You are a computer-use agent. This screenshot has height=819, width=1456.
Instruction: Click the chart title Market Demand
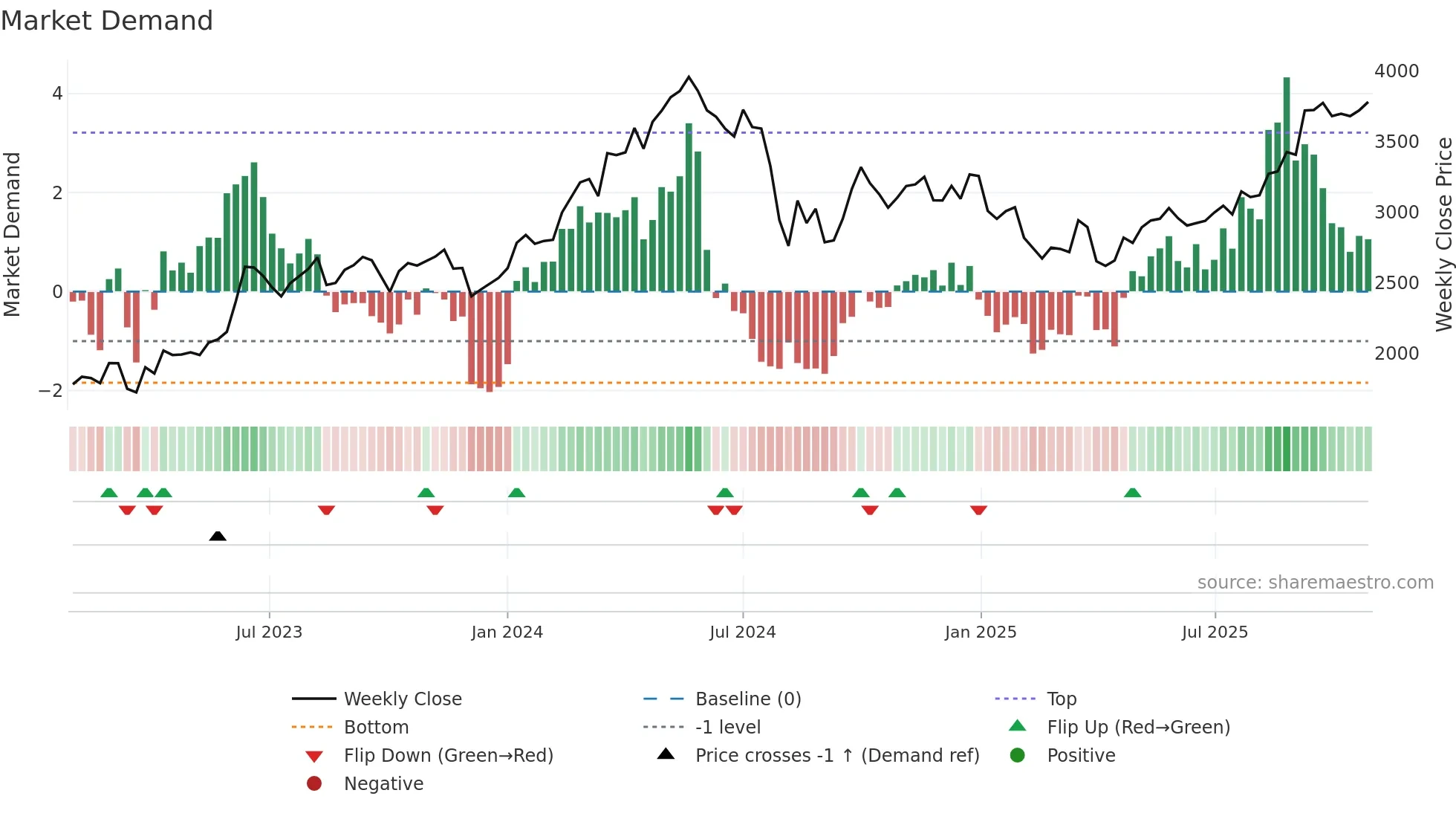click(107, 21)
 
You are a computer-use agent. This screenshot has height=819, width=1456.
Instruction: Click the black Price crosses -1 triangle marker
click(218, 536)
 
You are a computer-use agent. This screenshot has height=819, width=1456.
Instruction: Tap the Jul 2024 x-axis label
click(742, 632)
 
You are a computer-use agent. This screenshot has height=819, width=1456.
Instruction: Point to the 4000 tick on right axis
click(1396, 71)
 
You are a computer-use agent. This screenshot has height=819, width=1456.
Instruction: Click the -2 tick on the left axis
click(51, 391)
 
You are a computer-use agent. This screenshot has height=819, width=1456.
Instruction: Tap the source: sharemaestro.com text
click(1315, 583)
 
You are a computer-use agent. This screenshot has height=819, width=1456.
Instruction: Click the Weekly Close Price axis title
click(1443, 234)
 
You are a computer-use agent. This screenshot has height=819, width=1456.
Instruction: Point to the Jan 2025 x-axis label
click(980, 632)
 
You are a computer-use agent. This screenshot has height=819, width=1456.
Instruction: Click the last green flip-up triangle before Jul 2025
click(1132, 493)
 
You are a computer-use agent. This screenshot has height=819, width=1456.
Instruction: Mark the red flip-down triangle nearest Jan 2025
click(978, 510)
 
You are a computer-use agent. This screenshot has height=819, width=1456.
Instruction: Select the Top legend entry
click(1061, 699)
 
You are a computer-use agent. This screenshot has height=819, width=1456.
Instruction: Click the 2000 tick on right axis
click(1396, 354)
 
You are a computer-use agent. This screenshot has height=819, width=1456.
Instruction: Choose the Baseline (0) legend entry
click(747, 699)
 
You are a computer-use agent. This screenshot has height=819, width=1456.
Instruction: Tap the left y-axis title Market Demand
click(12, 234)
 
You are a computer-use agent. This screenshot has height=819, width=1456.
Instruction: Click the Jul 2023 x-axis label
click(269, 632)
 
